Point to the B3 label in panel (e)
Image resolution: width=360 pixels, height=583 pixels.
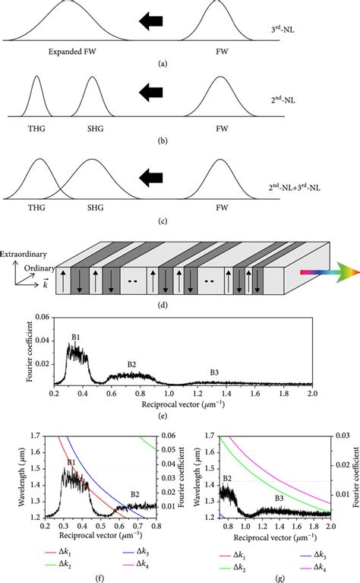pos(216,372)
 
